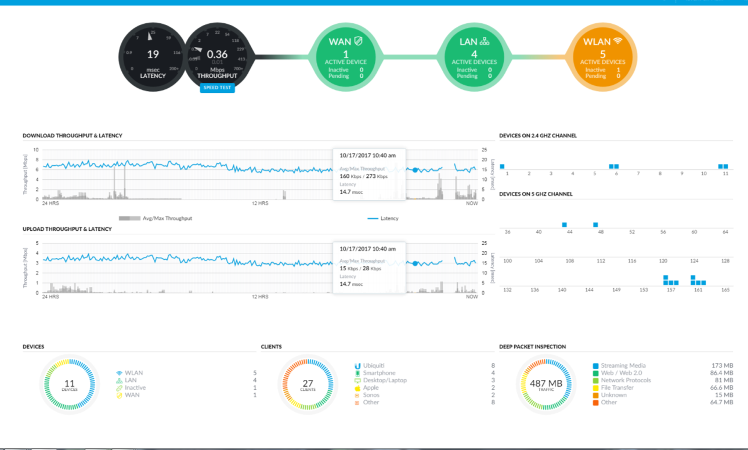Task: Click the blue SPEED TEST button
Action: [x=217, y=88]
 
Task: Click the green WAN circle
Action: [x=346, y=56]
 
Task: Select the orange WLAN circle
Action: [x=601, y=56]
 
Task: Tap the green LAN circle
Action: [x=474, y=56]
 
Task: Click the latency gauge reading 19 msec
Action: [x=153, y=56]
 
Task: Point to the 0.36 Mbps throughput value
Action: [x=217, y=55]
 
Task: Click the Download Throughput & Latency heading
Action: [x=73, y=136]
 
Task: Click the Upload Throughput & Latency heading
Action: [x=67, y=229]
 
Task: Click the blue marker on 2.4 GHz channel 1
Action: [x=503, y=166]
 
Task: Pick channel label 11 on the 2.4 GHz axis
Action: [x=725, y=173]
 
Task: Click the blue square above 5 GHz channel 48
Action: [x=595, y=224]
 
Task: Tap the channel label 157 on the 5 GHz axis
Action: [x=671, y=289]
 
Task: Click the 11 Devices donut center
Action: [x=70, y=385]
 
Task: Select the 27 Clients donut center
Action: [x=308, y=385]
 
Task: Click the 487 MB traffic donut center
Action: [x=546, y=385]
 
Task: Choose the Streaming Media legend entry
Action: [x=623, y=366]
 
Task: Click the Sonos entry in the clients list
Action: [x=371, y=395]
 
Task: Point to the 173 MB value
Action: [x=722, y=366]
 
